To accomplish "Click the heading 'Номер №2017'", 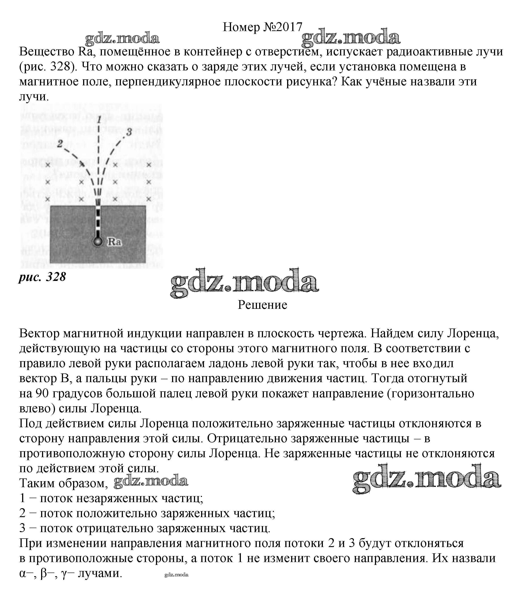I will pyautogui.click(x=263, y=27).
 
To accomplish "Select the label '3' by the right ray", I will pyautogui.click(x=129, y=132).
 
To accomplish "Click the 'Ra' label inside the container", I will pyautogui.click(x=115, y=242).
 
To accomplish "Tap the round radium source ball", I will pyautogui.click(x=98, y=242).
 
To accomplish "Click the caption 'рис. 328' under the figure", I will pyautogui.click(x=42, y=277).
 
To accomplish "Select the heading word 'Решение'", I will pyautogui.click(x=263, y=305).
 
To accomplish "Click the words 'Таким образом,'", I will pyautogui.click(x=63, y=483).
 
